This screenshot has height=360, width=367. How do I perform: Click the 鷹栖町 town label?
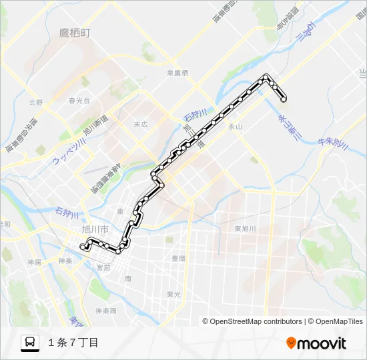click(x=74, y=33)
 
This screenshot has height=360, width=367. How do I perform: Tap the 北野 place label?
click(x=35, y=103)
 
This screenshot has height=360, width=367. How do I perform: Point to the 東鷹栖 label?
click(x=178, y=73)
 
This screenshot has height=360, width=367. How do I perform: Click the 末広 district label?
click(x=140, y=124)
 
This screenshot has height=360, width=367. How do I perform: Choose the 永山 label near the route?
click(x=235, y=126)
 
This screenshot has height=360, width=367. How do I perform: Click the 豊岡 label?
click(x=178, y=257)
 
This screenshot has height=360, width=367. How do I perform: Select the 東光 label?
click(x=173, y=294)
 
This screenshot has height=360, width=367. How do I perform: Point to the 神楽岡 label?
click(x=105, y=311)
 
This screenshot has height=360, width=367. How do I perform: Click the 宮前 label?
click(x=103, y=267)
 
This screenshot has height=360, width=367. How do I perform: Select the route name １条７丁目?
click(x=73, y=343)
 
